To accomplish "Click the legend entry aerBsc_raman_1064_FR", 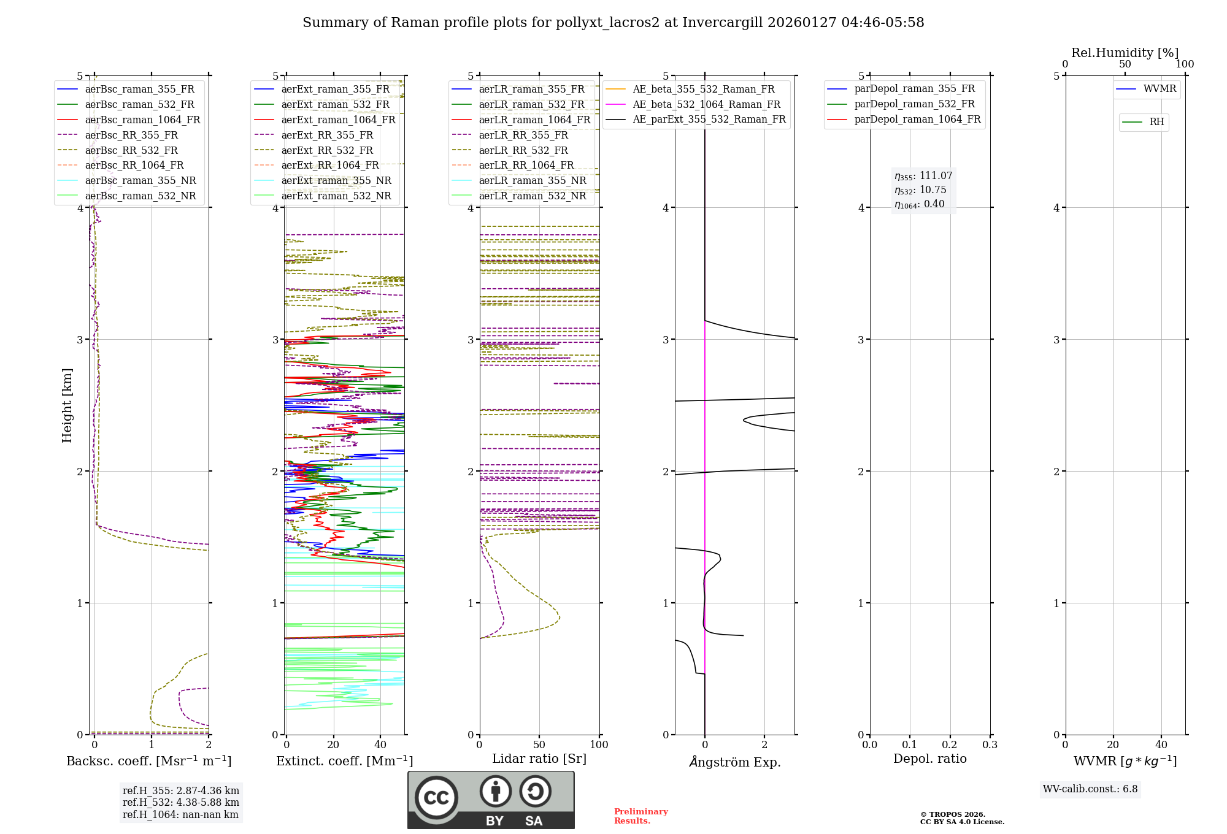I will click(x=142, y=120).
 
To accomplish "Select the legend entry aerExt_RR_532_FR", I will click(x=327, y=150).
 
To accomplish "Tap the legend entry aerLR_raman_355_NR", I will click(x=532, y=180).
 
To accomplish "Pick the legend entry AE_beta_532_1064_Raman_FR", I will click(x=706, y=104).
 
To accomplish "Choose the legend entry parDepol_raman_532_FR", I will click(x=914, y=104).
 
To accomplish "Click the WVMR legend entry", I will click(x=1160, y=89).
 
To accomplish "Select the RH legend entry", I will click(x=1156, y=122).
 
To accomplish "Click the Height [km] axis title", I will click(x=67, y=405).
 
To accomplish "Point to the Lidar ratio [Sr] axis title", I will click(x=539, y=759).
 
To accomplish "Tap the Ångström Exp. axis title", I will click(x=734, y=762).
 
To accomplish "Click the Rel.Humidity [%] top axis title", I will click(x=1125, y=53).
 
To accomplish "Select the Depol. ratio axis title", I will click(x=929, y=759).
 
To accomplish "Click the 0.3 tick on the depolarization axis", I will click(x=990, y=745).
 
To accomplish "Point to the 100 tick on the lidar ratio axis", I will click(x=599, y=745).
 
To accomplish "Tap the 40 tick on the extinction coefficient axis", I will click(x=380, y=745).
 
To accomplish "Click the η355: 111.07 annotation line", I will click(x=923, y=176).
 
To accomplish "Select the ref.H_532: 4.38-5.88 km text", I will click(x=181, y=802).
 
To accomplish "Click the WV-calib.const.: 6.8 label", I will click(x=1090, y=789).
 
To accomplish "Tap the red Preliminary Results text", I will click(x=640, y=816).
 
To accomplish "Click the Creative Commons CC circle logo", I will click(x=436, y=798).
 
